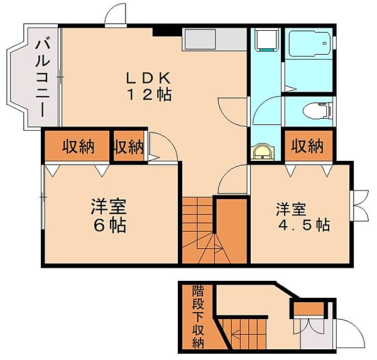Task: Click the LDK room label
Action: click(x=148, y=79)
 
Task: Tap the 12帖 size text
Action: click(x=148, y=95)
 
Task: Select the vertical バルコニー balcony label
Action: click(x=42, y=76)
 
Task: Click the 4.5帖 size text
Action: click(x=304, y=224)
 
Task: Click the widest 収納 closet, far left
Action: click(x=77, y=146)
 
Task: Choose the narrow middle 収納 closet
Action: click(x=128, y=146)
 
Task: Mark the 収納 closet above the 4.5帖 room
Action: click(x=307, y=146)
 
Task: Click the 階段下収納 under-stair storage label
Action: click(x=198, y=316)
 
